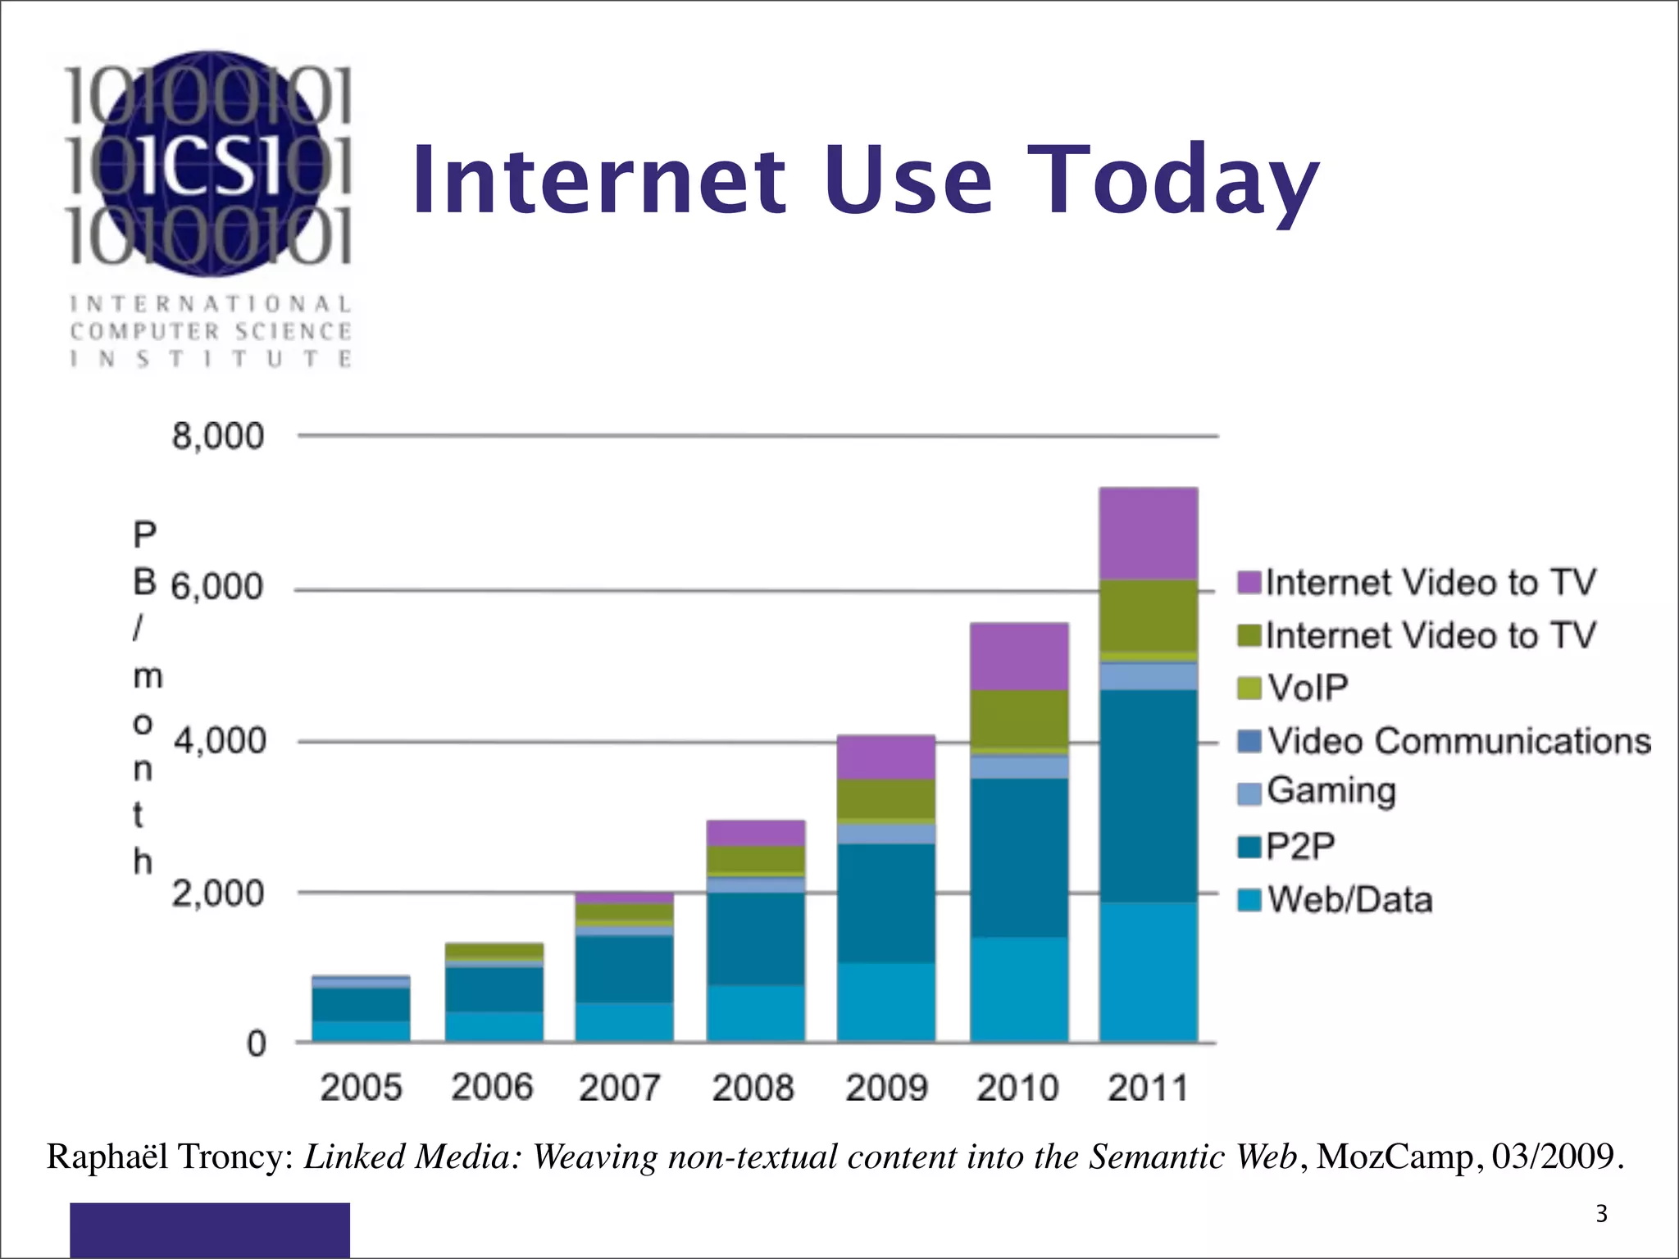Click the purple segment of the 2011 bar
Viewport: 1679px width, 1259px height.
1149,534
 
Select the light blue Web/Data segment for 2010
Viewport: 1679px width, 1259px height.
1019,989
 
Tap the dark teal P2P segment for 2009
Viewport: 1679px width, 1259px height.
886,902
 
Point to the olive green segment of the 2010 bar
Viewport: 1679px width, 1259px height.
1019,719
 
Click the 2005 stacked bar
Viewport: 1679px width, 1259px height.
361,1009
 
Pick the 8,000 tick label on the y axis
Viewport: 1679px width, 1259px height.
217,436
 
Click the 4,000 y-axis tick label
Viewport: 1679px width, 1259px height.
220,741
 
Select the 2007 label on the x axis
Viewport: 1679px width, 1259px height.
619,1089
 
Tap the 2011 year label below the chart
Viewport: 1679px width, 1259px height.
1148,1089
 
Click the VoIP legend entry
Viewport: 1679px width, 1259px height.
1307,687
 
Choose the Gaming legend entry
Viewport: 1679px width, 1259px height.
1330,791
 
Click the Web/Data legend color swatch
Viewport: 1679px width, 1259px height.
1249,900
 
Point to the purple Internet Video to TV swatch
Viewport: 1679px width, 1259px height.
1249,582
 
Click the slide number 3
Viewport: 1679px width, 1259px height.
1601,1214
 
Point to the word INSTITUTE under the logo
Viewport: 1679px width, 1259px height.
211,359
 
